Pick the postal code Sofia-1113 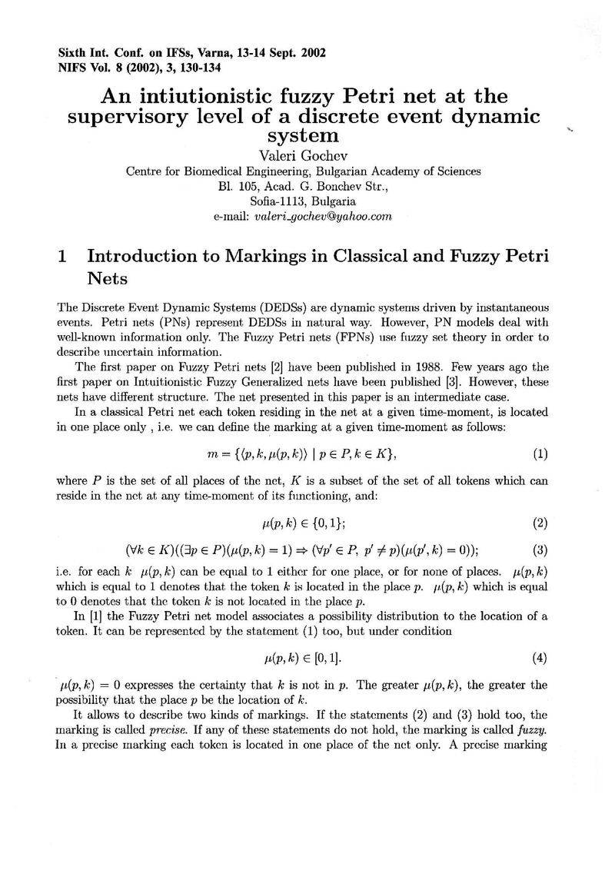click(x=281, y=201)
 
